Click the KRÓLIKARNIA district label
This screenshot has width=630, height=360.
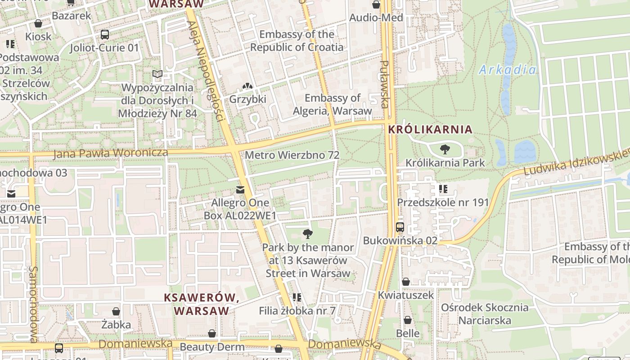430,130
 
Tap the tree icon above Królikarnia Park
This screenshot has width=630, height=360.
445,149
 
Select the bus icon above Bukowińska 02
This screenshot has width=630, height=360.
400,227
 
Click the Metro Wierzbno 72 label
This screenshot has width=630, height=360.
292,155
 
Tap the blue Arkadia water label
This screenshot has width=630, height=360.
507,70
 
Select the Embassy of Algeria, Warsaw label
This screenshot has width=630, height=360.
333,104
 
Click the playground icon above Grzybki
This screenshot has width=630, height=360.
247,86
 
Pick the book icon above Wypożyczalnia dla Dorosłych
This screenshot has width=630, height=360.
157,74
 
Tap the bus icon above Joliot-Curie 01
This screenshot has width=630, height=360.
104,34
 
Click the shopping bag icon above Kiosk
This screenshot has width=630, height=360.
38,23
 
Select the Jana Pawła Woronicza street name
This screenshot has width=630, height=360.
111,153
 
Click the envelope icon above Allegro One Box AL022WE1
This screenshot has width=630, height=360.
240,190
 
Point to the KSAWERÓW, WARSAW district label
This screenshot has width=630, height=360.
201,304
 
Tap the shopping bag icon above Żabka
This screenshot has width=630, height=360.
116,311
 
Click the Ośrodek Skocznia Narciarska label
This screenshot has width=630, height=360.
484,314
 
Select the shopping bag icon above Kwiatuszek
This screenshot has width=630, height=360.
406,282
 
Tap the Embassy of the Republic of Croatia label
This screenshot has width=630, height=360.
297,40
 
